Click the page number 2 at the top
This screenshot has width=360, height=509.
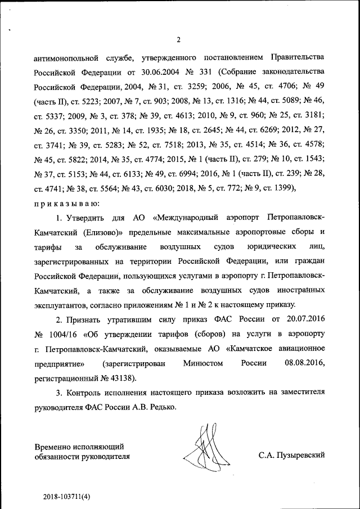pyautogui.click(x=178, y=39)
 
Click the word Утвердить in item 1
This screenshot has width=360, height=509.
pyautogui.click(x=88, y=232)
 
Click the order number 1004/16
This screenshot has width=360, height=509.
pyautogui.click(x=62, y=335)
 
